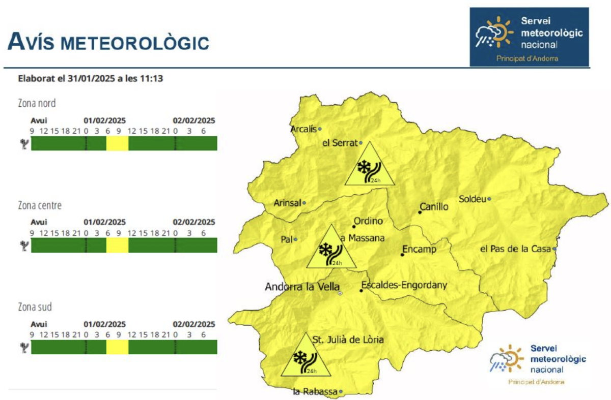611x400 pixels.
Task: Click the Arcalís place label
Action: tap(303, 129)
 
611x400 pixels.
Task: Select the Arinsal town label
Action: tap(287, 202)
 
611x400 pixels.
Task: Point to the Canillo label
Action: tap(434, 207)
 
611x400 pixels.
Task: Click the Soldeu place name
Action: tap(472, 199)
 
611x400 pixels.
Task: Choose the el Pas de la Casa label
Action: tap(515, 249)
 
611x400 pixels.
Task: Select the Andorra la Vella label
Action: tap(302, 287)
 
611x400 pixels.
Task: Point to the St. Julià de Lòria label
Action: tap(348, 340)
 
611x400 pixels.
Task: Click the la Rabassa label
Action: tap(316, 391)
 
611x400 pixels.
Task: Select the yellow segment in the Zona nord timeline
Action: tap(117, 143)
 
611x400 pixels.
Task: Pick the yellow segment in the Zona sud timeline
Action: tap(117, 347)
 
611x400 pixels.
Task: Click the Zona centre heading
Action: tap(40, 206)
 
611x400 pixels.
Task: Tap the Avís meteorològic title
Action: tap(108, 42)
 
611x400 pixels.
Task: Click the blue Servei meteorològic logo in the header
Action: tap(529, 37)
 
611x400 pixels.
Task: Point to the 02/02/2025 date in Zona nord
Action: tap(194, 121)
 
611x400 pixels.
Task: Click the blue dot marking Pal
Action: tap(295, 239)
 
